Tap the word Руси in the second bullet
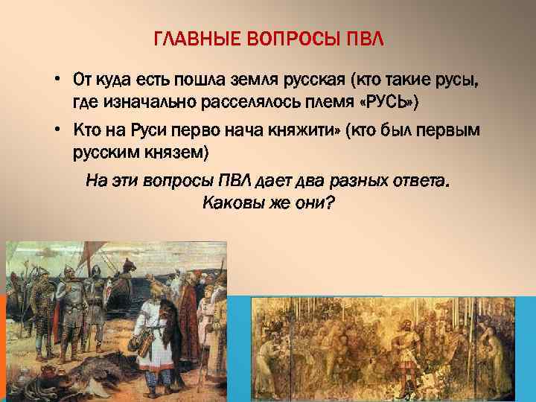click(x=138, y=131)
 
